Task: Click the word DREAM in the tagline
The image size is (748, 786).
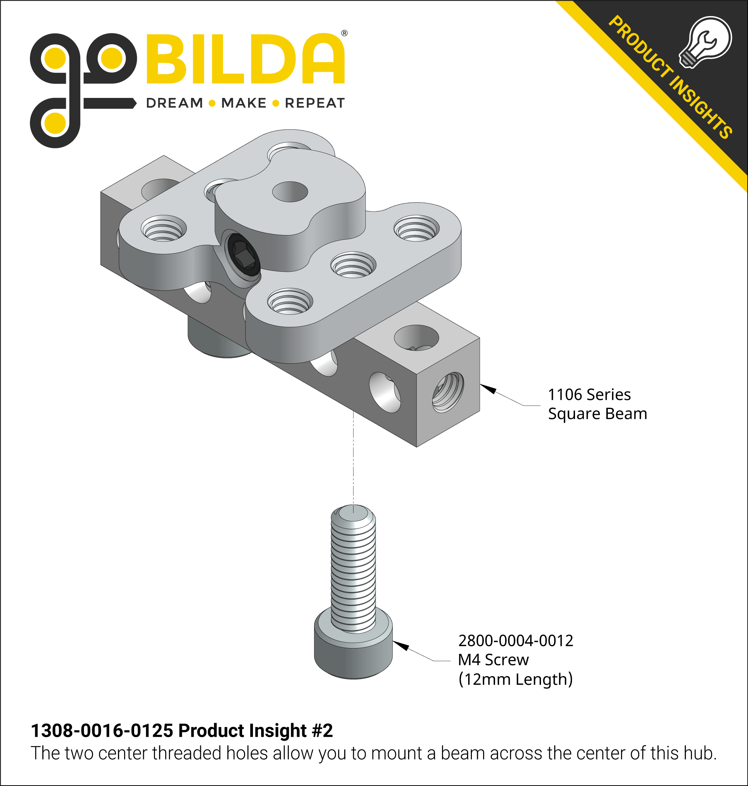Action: (174, 103)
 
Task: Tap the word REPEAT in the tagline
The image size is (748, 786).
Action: (315, 103)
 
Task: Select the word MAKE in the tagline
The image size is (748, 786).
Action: (244, 103)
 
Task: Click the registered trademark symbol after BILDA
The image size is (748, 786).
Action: (344, 33)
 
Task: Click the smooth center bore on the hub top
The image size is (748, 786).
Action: (290, 191)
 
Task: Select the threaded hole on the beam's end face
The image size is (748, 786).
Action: (448, 392)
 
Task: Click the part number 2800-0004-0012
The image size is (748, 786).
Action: (516, 641)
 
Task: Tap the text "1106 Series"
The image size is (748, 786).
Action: (589, 395)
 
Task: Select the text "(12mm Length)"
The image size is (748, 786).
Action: (516, 679)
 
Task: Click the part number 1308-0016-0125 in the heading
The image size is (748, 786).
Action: (102, 731)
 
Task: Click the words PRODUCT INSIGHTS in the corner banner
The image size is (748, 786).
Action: (670, 78)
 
